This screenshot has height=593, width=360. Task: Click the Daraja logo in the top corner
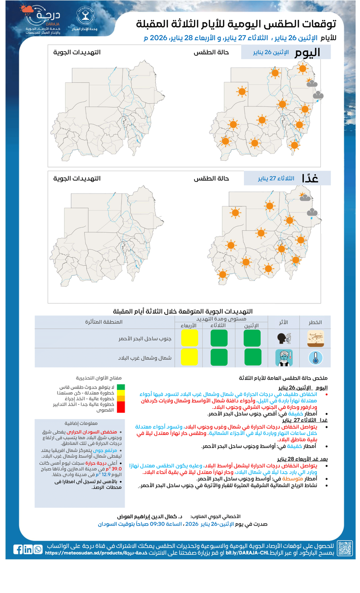coord(43,19)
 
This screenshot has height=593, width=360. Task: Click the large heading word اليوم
coord(307,52)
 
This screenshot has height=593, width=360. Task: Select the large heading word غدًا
coord(312,178)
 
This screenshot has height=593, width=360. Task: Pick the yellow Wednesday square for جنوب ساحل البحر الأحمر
coord(189,338)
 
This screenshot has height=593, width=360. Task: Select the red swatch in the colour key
coord(121,407)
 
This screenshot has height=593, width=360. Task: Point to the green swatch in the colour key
coord(121,387)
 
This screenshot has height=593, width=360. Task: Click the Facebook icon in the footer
coord(18,549)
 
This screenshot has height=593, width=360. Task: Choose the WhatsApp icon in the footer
coord(38,549)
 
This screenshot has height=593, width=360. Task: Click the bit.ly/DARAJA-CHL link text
coord(243,552)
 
